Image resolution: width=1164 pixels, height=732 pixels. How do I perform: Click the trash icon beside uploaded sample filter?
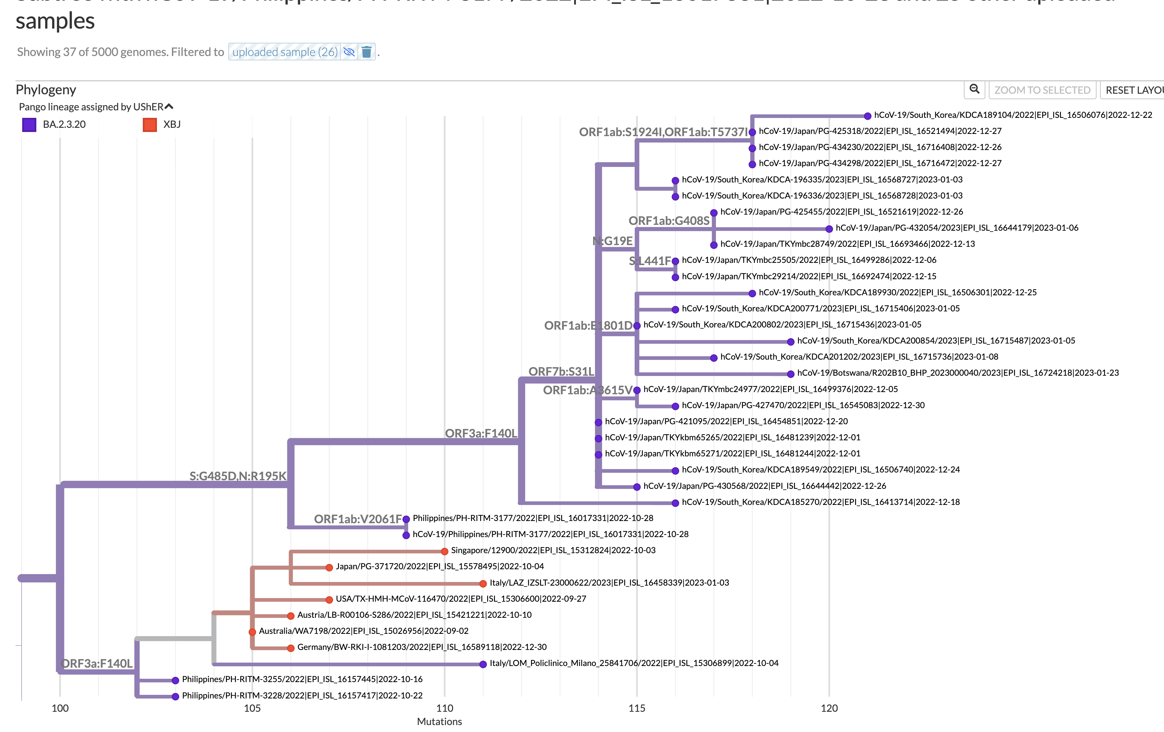pyautogui.click(x=366, y=52)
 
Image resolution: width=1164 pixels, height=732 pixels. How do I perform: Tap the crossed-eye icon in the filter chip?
pyautogui.click(x=349, y=52)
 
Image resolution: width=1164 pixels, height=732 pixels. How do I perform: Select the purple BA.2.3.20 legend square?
pyautogui.click(x=29, y=125)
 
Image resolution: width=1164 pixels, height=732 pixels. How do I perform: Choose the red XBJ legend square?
pyautogui.click(x=150, y=125)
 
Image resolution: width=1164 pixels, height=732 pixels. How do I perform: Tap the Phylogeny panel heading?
pyautogui.click(x=46, y=90)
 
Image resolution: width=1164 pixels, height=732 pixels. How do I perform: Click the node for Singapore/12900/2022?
pyautogui.click(x=444, y=551)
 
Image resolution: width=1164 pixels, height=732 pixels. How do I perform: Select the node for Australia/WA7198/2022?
pyautogui.click(x=252, y=632)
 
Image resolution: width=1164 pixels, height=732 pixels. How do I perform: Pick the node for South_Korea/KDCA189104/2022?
pyautogui.click(x=867, y=116)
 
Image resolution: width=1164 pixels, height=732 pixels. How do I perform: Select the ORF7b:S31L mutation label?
pyautogui.click(x=561, y=371)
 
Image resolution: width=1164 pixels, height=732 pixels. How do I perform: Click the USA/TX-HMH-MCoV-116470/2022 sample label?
pyautogui.click(x=460, y=599)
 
